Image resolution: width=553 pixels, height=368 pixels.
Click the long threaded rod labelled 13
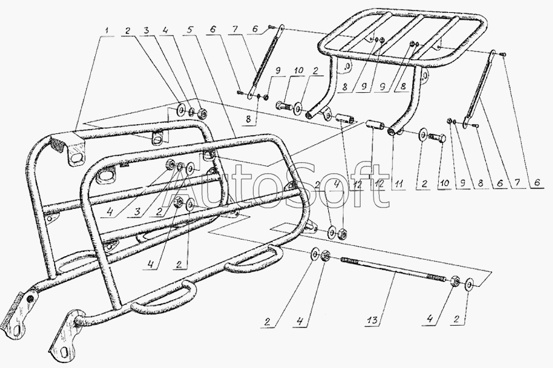point(393,270)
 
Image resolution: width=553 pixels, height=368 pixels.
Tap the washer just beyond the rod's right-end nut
point(470,285)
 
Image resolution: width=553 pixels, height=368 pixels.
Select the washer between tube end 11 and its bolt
point(423,133)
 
